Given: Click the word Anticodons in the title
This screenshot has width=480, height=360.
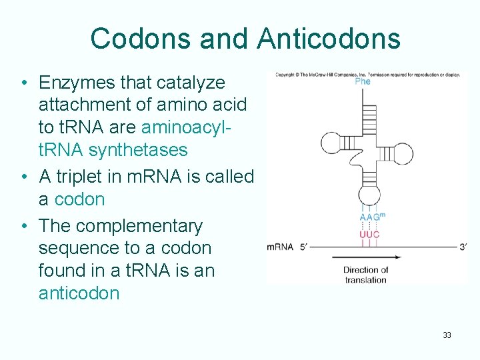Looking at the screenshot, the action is (x=329, y=39).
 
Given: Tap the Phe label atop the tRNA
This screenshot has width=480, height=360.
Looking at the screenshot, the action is (x=363, y=81).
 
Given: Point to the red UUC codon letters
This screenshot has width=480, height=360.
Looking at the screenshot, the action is (x=369, y=234).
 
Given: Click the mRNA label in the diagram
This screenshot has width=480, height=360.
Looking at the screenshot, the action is (x=280, y=247).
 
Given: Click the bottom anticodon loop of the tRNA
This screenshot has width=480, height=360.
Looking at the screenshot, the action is (x=369, y=196).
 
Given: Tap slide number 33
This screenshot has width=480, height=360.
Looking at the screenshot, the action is (x=447, y=335).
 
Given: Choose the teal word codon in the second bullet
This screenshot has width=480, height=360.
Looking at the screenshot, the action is (x=79, y=199).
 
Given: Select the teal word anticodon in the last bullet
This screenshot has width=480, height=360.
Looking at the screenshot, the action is (x=79, y=293).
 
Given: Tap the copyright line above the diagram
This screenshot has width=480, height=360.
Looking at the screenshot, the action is (x=367, y=74).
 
